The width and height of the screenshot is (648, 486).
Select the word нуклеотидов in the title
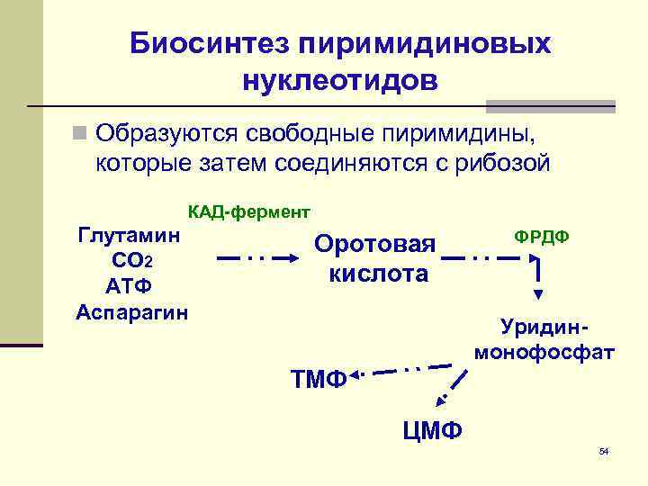(340, 81)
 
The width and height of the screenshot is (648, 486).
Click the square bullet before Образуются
(81, 134)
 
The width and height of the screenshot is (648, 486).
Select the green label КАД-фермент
(248, 212)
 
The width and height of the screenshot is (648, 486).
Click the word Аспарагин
(131, 311)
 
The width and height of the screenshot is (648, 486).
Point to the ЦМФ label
(433, 430)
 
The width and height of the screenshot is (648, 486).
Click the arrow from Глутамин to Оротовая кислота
(258, 258)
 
